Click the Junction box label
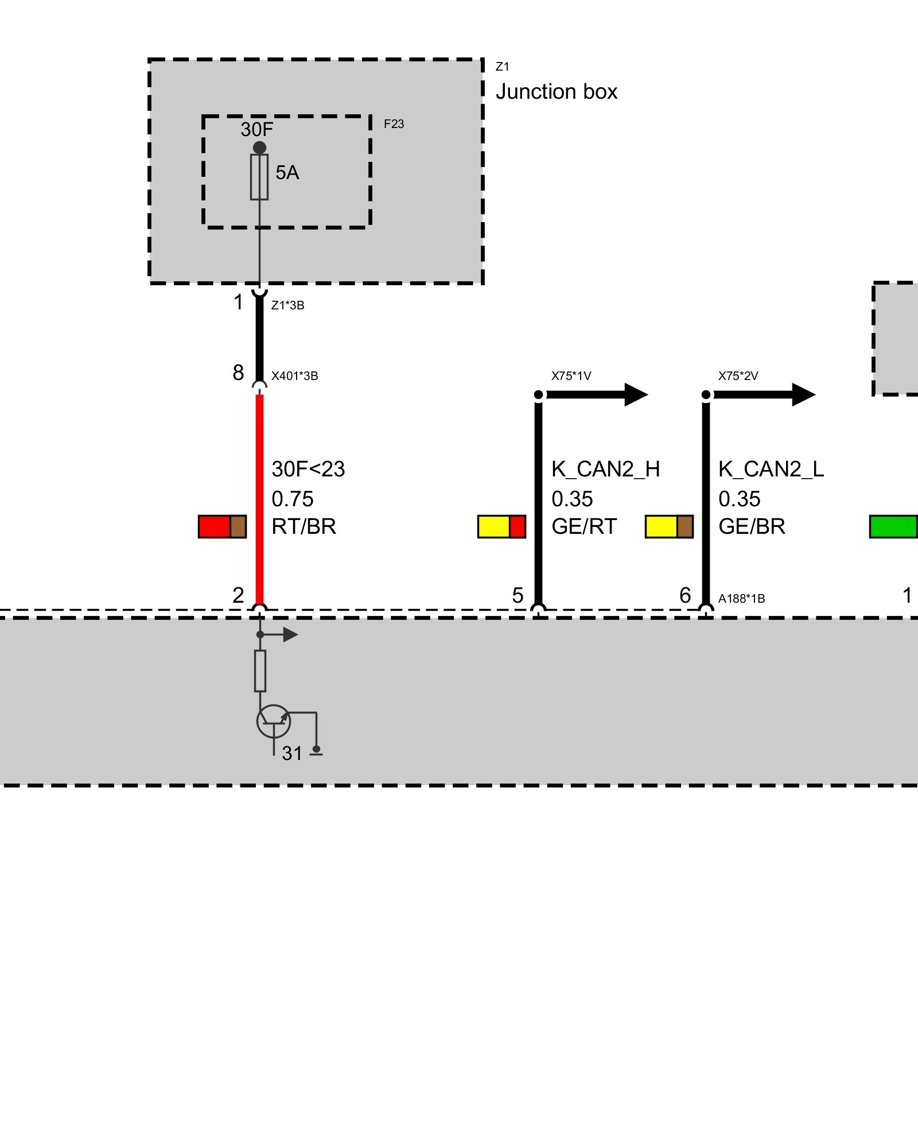(x=556, y=92)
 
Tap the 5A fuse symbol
(x=259, y=177)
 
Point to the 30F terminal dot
(x=259, y=148)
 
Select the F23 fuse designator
(x=394, y=124)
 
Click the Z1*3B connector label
(x=287, y=305)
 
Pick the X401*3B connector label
(x=294, y=376)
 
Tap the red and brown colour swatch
(x=222, y=526)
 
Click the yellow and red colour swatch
(x=501, y=526)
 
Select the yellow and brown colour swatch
(x=669, y=526)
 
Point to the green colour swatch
(x=893, y=526)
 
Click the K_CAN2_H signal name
(x=605, y=470)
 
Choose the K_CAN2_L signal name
(x=771, y=470)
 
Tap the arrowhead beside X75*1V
(x=636, y=394)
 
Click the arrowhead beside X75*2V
(x=803, y=394)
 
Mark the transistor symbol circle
(x=274, y=722)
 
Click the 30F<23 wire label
(x=308, y=470)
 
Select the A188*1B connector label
(x=741, y=599)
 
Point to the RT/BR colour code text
(x=304, y=526)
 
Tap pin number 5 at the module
(x=518, y=595)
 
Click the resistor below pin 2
(x=260, y=670)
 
